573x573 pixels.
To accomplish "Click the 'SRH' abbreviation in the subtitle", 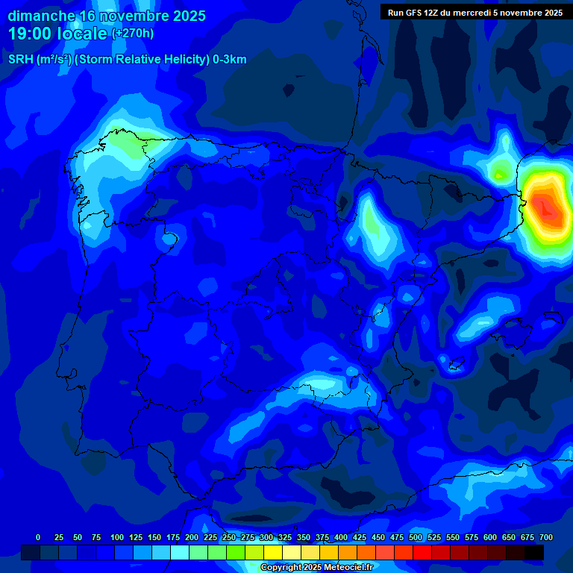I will point(21,60).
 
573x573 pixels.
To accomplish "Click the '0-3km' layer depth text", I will point(229,60).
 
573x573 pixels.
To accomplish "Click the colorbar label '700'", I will point(545,537).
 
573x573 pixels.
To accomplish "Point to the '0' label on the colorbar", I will point(38,537).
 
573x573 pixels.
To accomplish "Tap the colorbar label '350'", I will point(304,537).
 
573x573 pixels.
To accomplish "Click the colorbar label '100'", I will point(117,537).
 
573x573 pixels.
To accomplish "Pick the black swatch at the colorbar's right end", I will point(534,552).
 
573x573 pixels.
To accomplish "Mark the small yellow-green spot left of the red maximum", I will point(500,174).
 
